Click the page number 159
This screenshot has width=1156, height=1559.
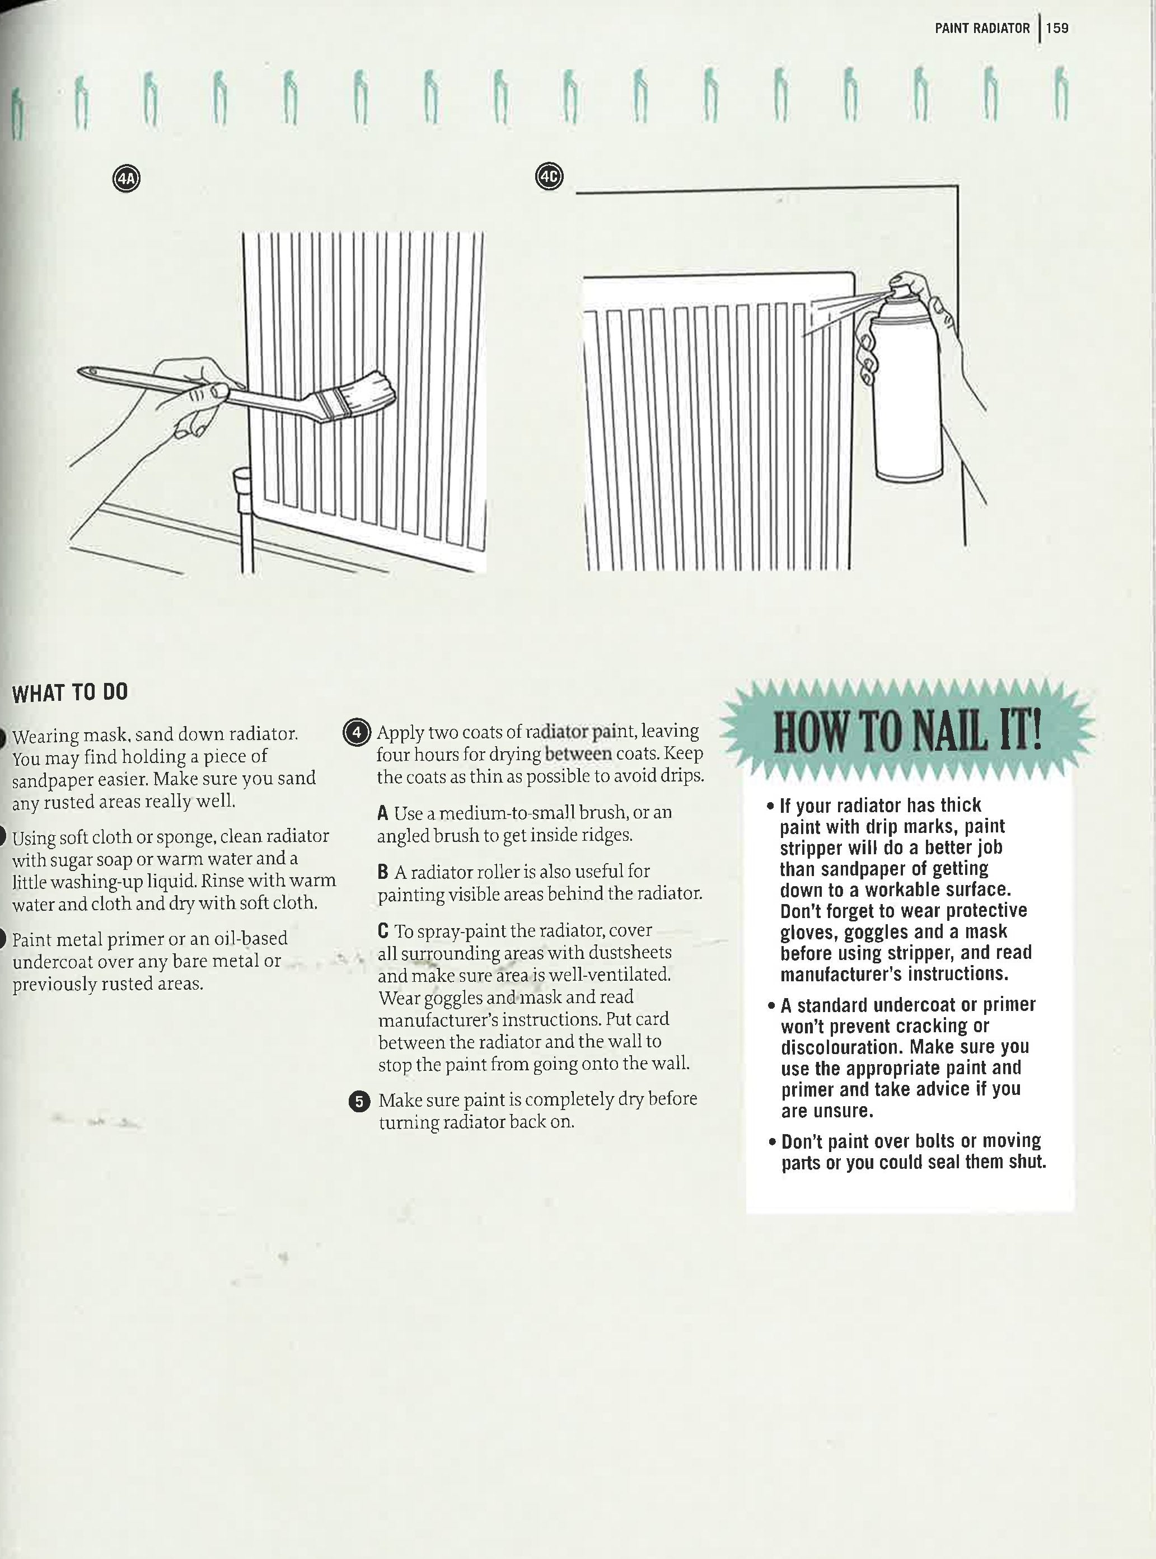point(1057,29)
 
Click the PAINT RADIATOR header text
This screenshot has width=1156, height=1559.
point(982,29)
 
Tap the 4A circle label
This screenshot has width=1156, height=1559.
point(126,179)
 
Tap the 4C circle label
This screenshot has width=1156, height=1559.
point(549,176)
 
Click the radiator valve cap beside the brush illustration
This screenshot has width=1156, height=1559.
point(241,481)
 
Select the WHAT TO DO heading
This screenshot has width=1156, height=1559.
point(70,693)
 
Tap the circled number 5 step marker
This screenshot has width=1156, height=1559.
point(358,1102)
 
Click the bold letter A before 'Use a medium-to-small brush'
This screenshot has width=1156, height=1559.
point(382,813)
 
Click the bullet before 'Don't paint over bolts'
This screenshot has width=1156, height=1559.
point(772,1143)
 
